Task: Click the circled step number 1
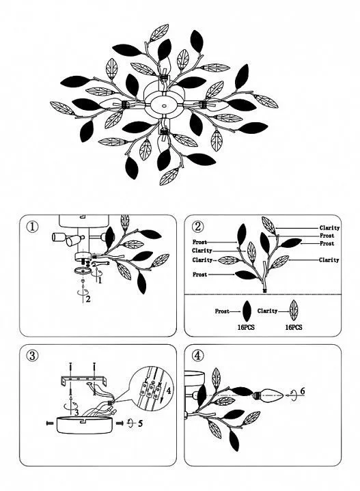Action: (33, 227)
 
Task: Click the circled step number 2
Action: (197, 226)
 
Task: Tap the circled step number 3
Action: (33, 355)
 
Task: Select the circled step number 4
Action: (197, 355)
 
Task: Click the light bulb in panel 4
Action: (268, 395)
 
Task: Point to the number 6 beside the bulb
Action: (303, 391)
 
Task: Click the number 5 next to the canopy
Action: (140, 423)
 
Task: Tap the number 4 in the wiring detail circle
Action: (168, 391)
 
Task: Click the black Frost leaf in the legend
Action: (247, 311)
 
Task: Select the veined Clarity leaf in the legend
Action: (294, 310)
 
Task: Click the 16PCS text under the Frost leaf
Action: (246, 327)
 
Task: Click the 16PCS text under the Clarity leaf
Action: (294, 327)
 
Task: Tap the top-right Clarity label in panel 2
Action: (329, 228)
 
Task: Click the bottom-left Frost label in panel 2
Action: (200, 275)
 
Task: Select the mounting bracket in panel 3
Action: (84, 381)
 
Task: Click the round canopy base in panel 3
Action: (85, 425)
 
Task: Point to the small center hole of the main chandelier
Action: (163, 106)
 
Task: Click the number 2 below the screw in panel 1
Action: (88, 299)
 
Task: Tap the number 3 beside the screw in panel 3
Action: (77, 412)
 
